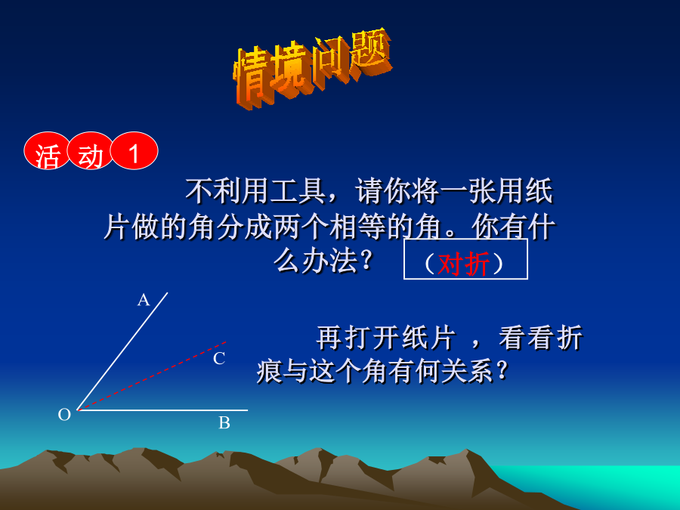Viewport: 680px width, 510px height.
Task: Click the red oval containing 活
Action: point(46,150)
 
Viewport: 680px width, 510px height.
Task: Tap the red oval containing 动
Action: point(91,150)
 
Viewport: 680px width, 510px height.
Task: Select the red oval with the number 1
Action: point(134,150)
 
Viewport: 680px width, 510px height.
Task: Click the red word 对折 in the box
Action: point(464,263)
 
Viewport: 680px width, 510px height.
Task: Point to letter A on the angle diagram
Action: point(144,300)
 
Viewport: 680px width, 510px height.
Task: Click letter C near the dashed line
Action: point(219,359)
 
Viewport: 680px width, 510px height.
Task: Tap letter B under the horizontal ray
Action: point(224,422)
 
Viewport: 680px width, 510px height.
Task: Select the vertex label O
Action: point(64,415)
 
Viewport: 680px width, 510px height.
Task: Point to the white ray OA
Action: point(122,351)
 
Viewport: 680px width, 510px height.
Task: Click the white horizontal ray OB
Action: point(162,410)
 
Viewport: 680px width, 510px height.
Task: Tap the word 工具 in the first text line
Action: point(298,191)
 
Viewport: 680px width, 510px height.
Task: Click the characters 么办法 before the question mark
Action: point(316,261)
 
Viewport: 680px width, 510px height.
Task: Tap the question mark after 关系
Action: point(502,372)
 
